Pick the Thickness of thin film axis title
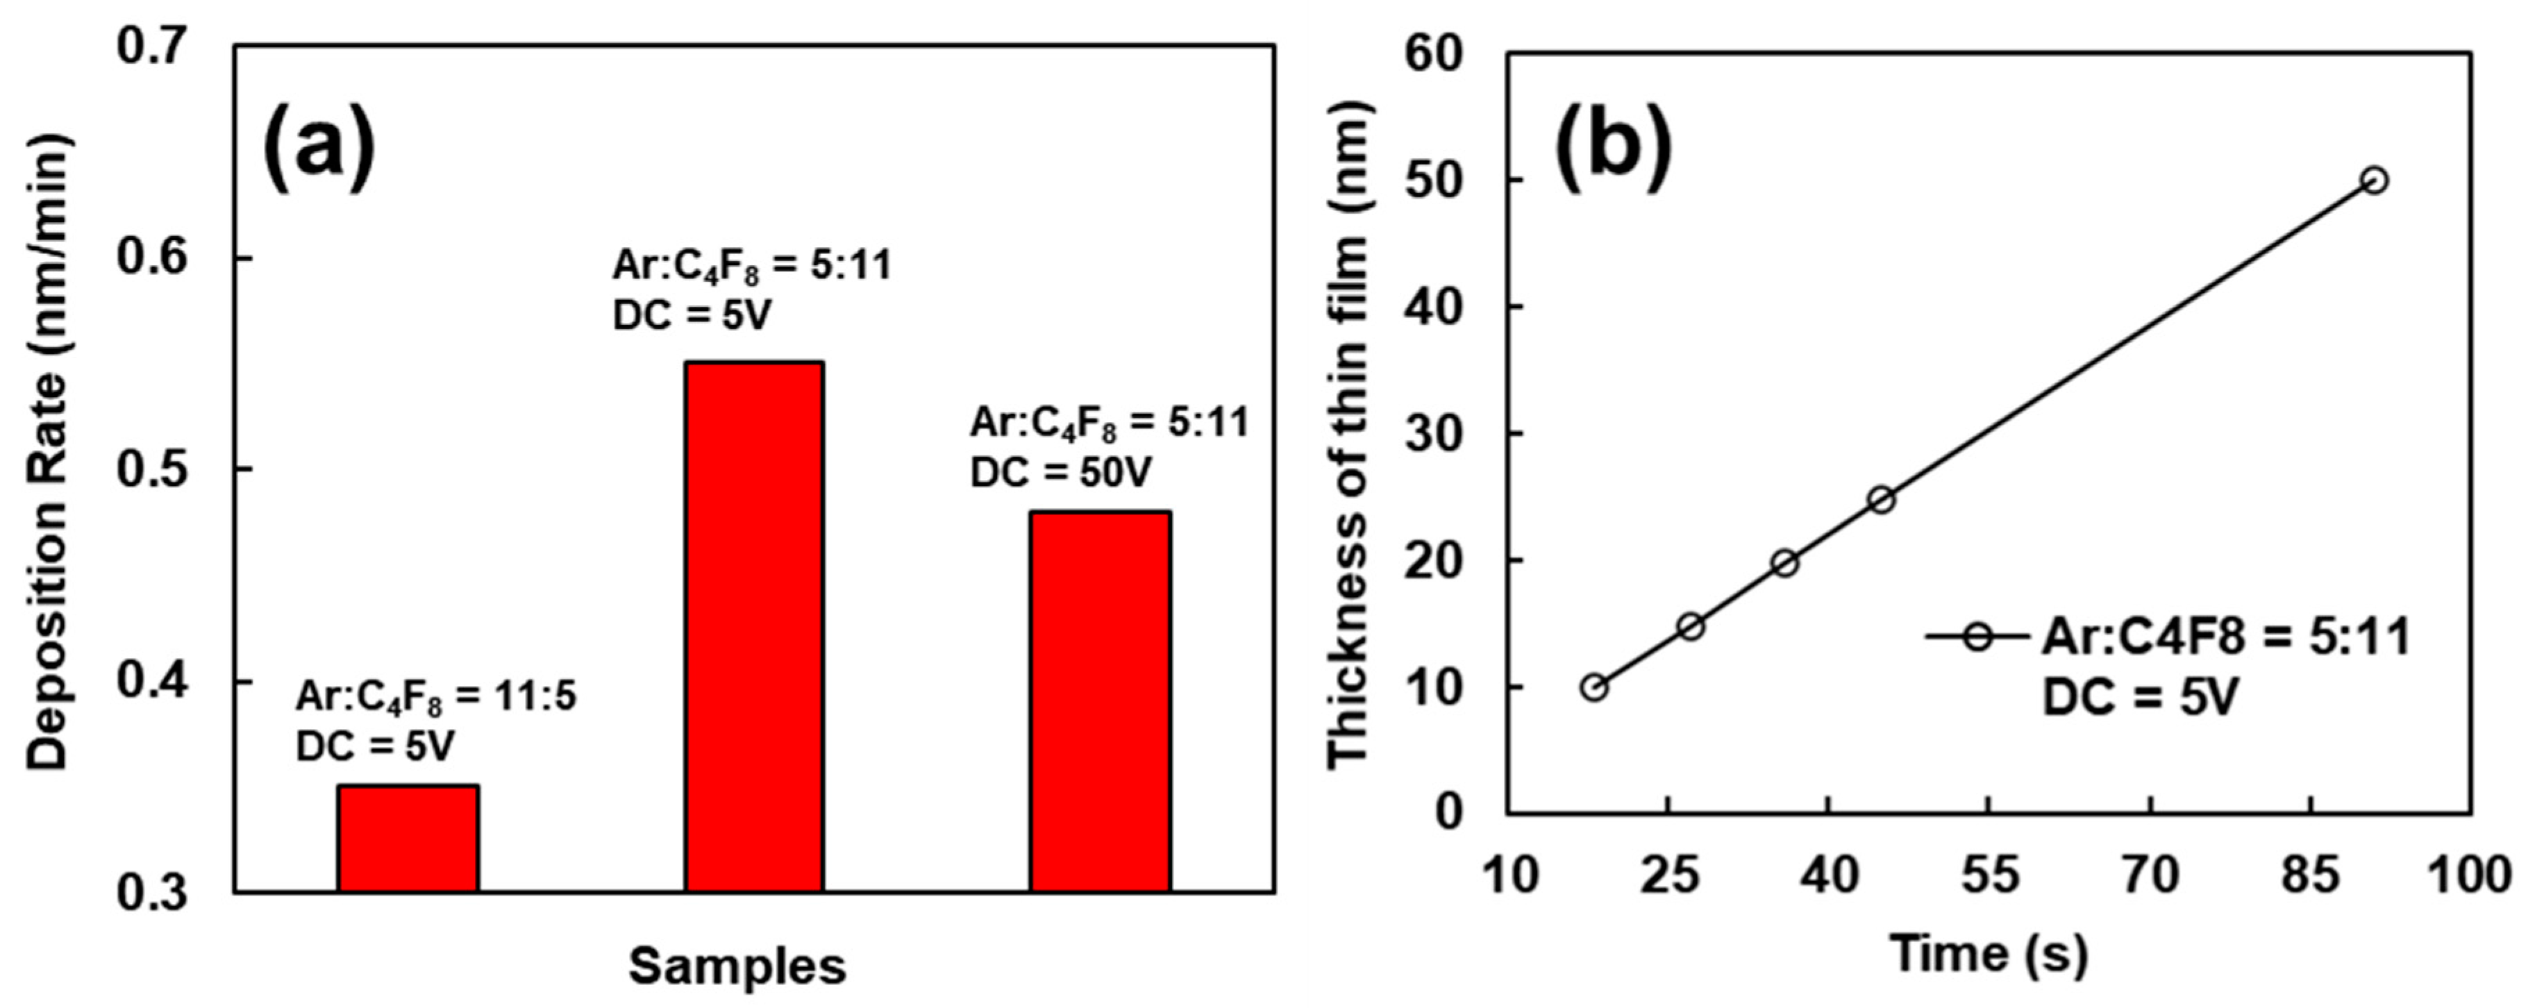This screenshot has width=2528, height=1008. click(x=1349, y=432)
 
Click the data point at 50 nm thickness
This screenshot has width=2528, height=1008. click(x=2374, y=180)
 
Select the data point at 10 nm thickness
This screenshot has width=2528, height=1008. click(x=1593, y=687)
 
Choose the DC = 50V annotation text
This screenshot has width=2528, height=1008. click(x=1060, y=473)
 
